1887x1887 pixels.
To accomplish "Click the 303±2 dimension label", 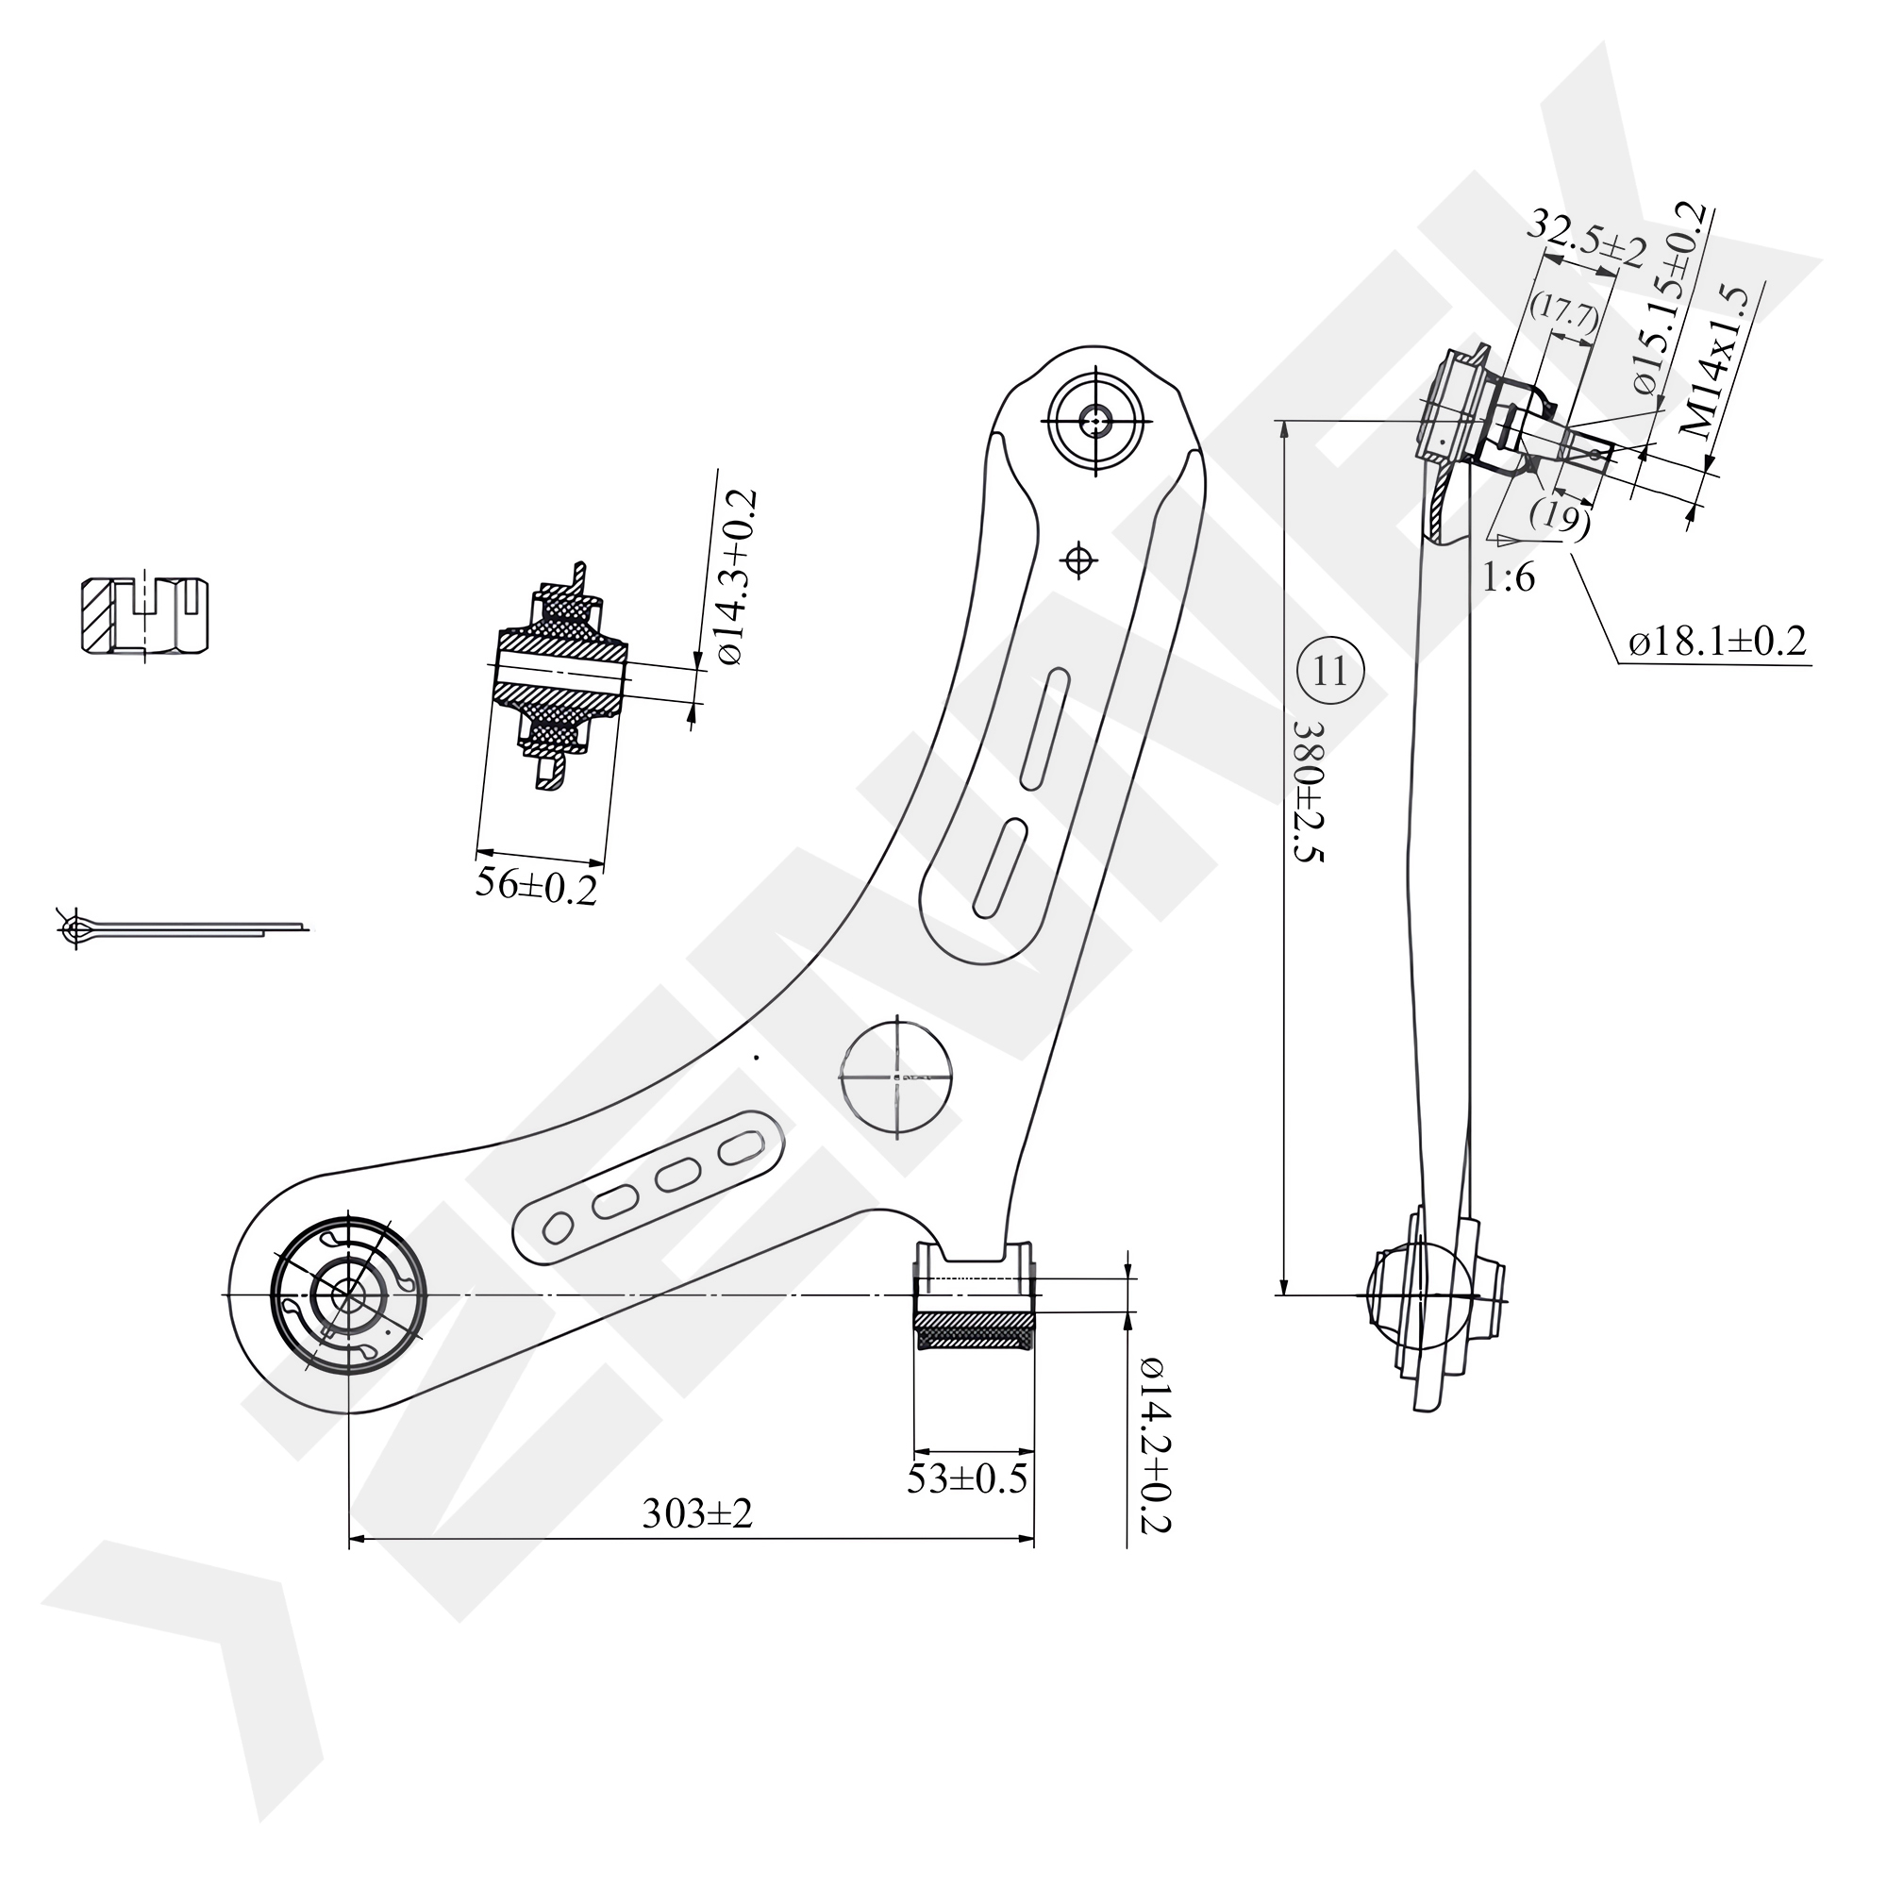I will coord(697,1514).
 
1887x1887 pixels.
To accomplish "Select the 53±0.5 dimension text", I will coord(967,1478).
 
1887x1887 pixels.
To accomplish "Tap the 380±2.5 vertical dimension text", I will coord(1308,793).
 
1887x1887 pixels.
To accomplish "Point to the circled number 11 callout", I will coord(1330,671).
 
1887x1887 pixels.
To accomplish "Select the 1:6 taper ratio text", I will coord(1509,579).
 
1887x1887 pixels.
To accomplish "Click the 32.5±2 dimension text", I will coord(1586,241).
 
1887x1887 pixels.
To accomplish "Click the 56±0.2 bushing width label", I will coord(535,886).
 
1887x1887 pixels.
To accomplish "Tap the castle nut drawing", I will coord(144,615).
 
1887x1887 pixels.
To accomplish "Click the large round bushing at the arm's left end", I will coord(346,1295).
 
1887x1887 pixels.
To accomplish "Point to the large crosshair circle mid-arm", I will coord(896,1076).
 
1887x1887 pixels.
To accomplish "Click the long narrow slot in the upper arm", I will coord(1044,727).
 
